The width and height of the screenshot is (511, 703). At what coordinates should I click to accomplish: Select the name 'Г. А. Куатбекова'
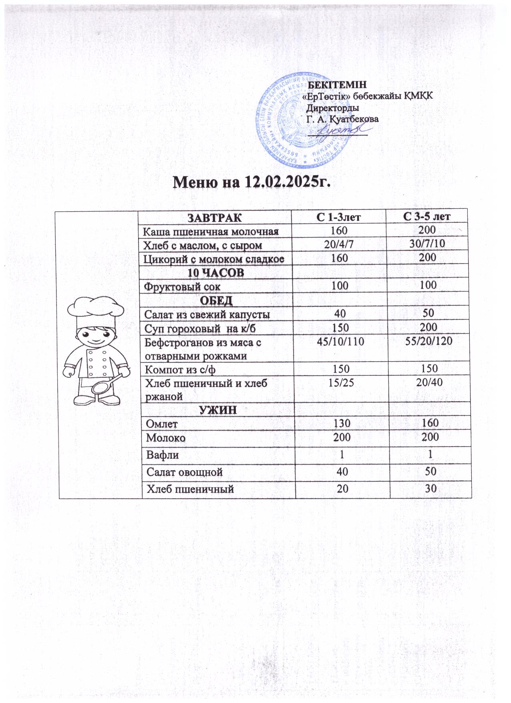[342, 119]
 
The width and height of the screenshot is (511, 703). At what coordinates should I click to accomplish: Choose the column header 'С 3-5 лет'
[427, 217]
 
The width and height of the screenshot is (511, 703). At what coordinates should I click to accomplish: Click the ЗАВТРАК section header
[215, 218]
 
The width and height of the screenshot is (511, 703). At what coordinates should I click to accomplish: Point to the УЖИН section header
[218, 410]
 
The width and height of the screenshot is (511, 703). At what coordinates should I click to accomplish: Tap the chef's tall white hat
[95, 311]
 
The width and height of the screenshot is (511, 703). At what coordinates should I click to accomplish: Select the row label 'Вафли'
[162, 455]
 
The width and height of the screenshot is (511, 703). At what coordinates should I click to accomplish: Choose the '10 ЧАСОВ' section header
[216, 272]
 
